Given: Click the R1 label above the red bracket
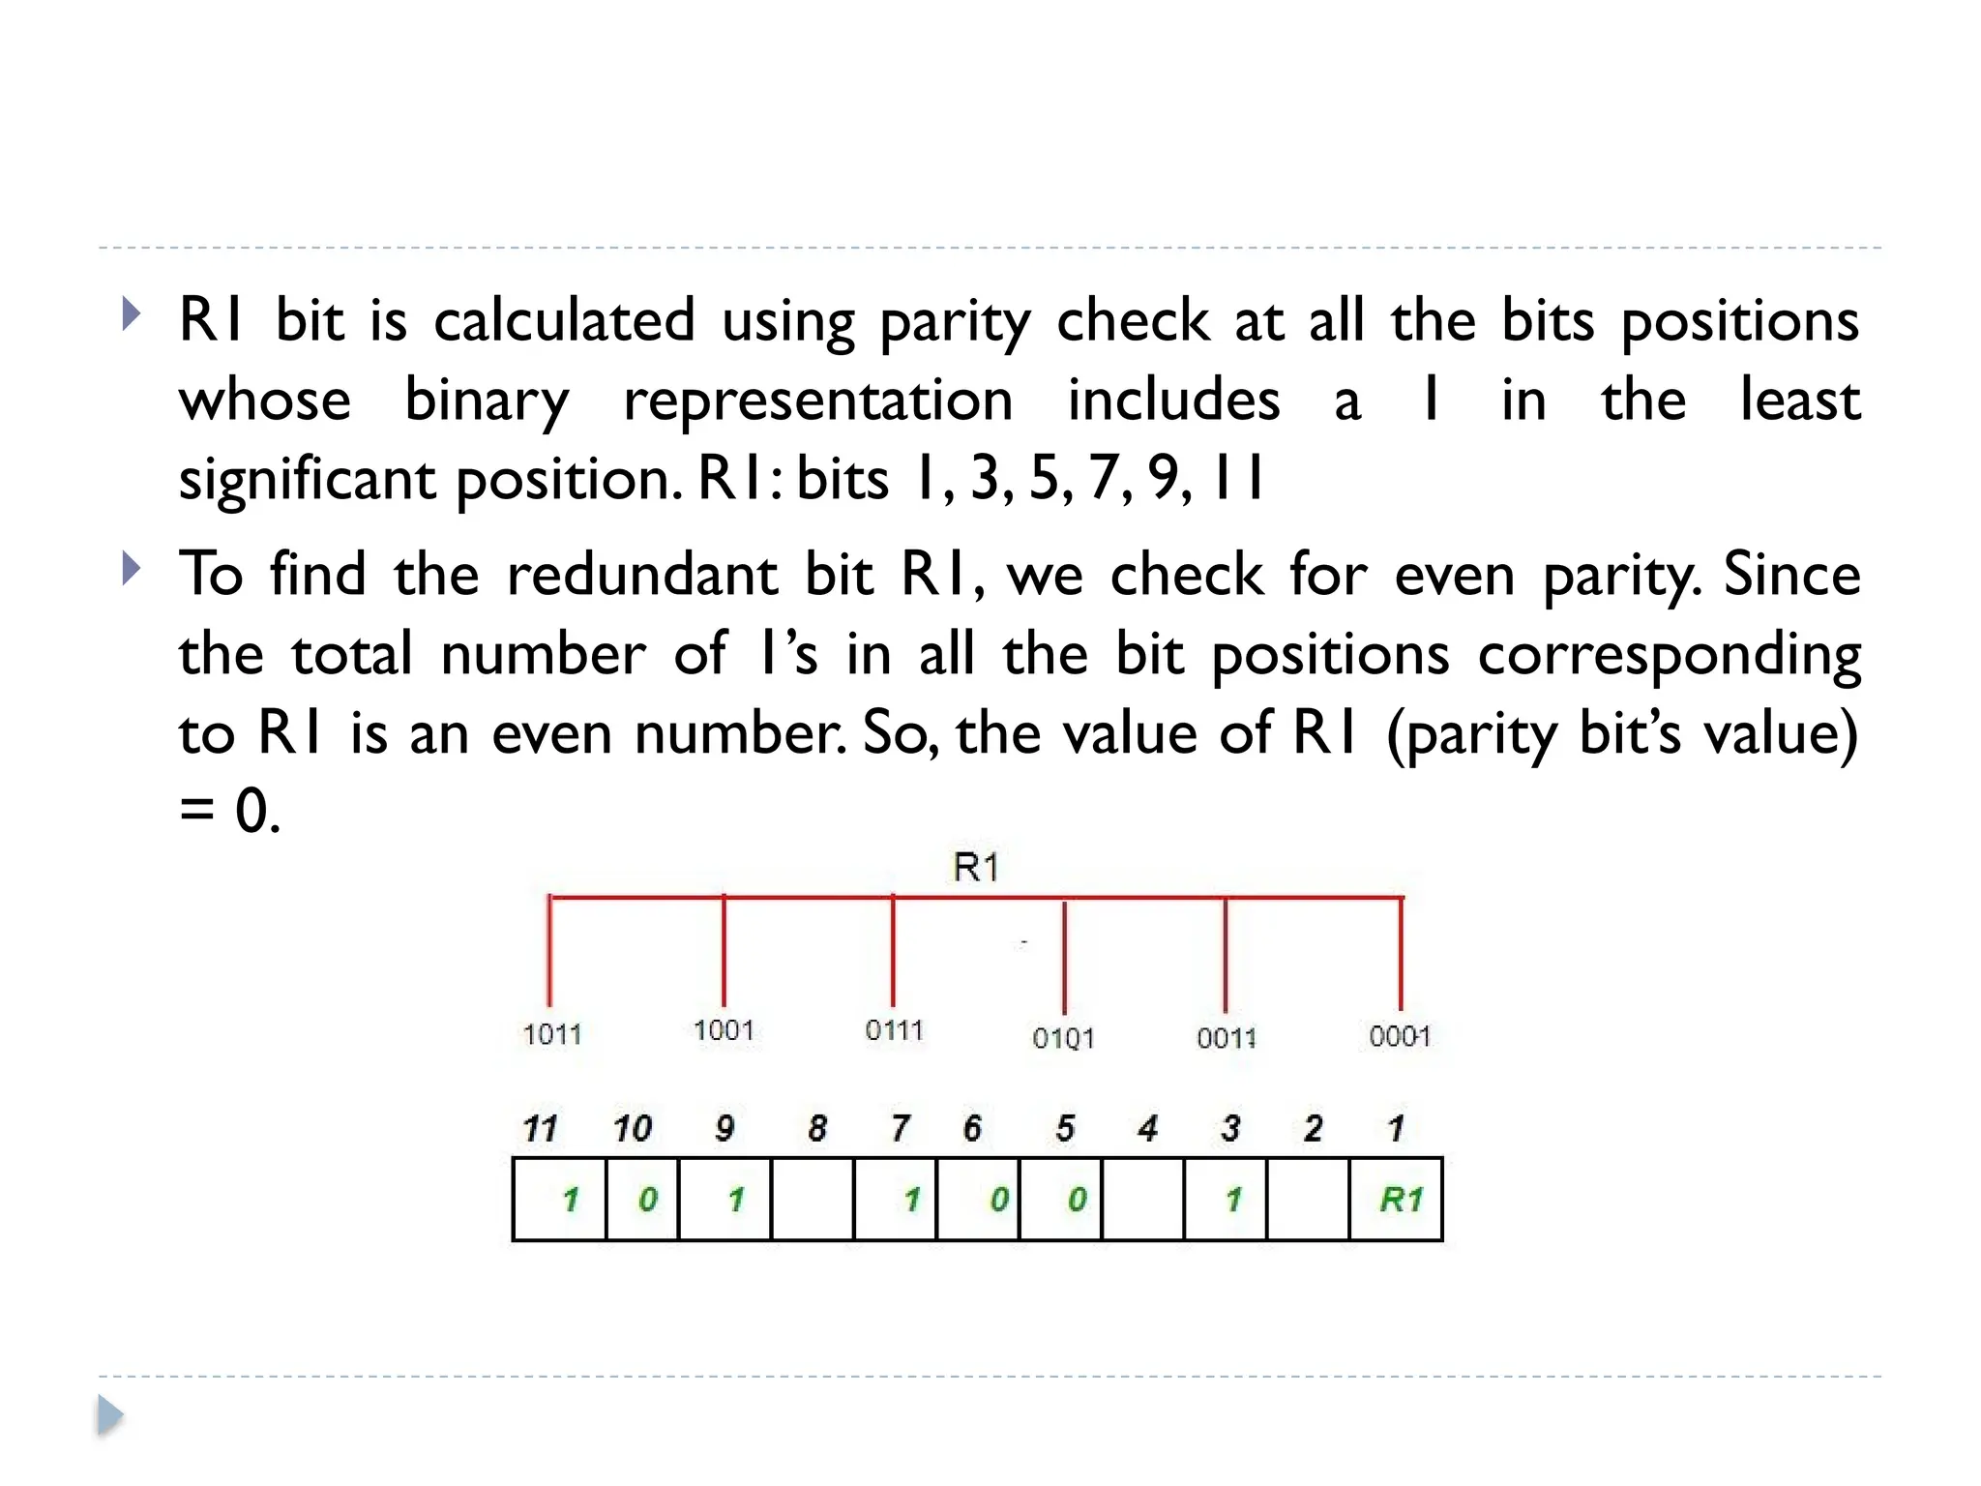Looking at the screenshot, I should [x=975, y=867].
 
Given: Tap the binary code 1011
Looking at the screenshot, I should [x=552, y=1034].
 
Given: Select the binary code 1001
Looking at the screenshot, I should [x=724, y=1030].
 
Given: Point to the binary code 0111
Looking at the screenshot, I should [x=894, y=1030].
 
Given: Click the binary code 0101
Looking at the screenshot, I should [x=1063, y=1038].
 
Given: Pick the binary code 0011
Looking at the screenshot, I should [x=1226, y=1038].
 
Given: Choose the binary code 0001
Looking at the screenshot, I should [x=1399, y=1036].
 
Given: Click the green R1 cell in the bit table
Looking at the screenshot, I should [x=1400, y=1200].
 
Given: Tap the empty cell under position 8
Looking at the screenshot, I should [x=813, y=1200].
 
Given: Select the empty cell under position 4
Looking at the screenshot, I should [x=1142, y=1200].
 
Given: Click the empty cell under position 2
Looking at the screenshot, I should [x=1308, y=1200].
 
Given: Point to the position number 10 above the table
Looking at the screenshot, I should [x=632, y=1128].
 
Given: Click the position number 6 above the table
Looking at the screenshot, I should [x=972, y=1128].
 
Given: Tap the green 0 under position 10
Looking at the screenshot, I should [x=647, y=1200].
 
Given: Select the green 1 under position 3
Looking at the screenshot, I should [x=1233, y=1200].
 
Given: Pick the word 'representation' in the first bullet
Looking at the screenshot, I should [x=818, y=400].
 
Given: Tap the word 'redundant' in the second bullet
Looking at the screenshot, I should [x=642, y=575].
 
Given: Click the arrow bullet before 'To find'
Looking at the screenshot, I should [x=132, y=569].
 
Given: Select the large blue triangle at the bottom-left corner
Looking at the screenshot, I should [x=110, y=1416].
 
